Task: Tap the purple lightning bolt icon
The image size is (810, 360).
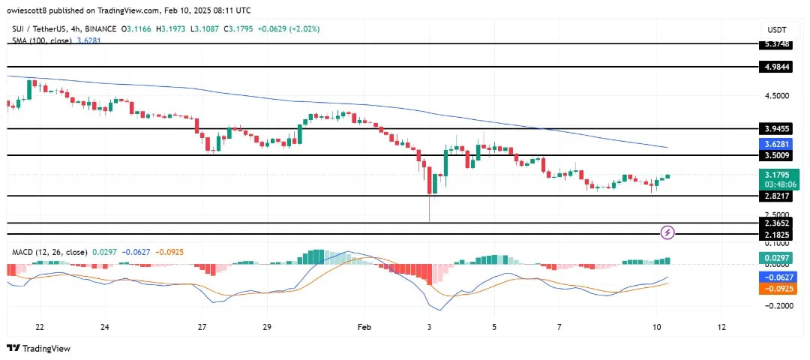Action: pos(667,232)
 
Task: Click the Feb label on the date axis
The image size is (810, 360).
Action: pos(364,327)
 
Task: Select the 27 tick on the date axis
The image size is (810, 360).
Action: pos(202,327)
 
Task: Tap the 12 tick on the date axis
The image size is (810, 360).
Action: pos(721,327)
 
